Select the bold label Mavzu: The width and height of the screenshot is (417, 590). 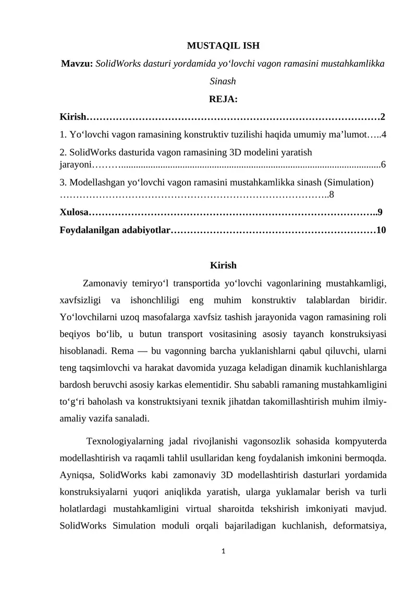[77, 64]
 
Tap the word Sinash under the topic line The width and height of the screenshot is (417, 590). [223, 81]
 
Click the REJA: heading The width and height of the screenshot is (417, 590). [223, 99]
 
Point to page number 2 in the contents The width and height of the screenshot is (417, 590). [383, 116]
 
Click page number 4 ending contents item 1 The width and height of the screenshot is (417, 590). [384, 136]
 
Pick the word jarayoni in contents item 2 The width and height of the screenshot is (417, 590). [76, 165]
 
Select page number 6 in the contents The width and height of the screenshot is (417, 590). [384, 165]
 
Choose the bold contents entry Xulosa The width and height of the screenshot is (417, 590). [73, 212]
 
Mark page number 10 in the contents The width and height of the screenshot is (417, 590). [381, 230]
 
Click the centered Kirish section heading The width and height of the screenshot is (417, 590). [223, 266]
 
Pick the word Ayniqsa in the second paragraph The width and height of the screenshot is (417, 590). [76, 475]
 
